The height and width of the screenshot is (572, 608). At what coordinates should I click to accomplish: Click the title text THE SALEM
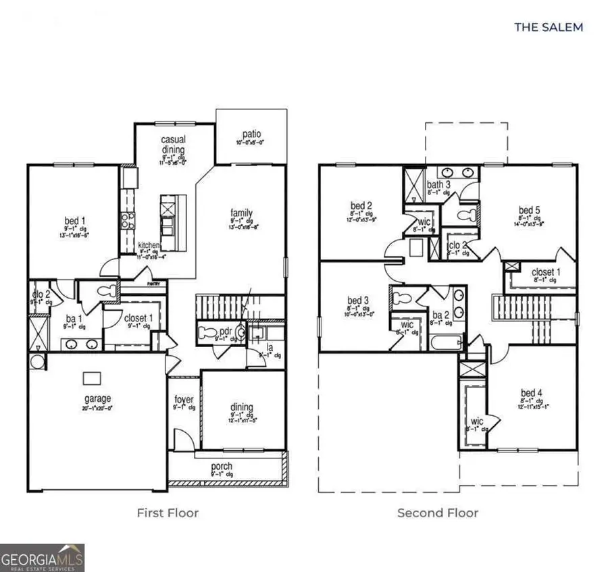548,27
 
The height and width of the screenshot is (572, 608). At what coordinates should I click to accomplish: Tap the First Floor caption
168,513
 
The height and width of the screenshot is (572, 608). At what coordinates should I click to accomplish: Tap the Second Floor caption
437,513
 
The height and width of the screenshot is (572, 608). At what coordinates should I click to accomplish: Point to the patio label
251,134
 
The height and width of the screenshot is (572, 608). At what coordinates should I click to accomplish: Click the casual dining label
173,145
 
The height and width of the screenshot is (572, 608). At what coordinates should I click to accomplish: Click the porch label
222,466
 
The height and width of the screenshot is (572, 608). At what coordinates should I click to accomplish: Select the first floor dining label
242,407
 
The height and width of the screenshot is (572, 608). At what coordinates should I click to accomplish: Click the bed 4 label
531,393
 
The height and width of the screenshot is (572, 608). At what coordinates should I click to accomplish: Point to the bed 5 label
529,211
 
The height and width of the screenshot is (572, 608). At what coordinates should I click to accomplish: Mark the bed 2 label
361,206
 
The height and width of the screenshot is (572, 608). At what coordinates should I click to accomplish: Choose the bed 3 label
357,300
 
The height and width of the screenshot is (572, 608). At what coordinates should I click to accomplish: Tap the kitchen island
168,222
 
